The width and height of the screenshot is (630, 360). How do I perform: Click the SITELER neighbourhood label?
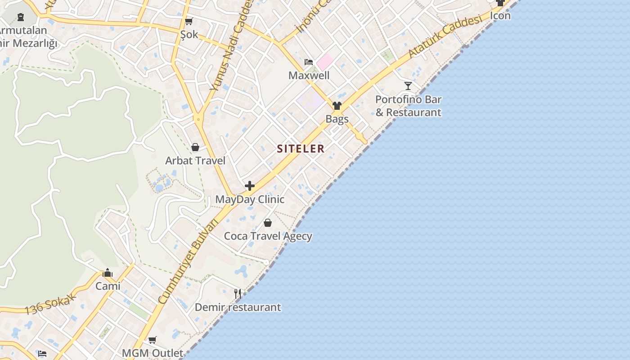(x=301, y=148)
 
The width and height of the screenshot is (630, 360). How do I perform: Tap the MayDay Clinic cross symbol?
(x=250, y=186)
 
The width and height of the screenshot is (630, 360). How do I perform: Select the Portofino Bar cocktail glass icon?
(x=408, y=85)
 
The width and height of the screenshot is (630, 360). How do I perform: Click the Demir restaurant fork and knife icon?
(x=238, y=294)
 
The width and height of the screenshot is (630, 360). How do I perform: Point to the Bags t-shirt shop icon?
(x=337, y=106)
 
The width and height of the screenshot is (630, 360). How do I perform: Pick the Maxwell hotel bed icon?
(x=309, y=62)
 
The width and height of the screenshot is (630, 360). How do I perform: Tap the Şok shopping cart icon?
(x=189, y=21)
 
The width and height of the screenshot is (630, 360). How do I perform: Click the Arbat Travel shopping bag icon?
(x=195, y=147)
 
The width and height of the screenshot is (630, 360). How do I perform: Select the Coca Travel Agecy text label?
(x=268, y=236)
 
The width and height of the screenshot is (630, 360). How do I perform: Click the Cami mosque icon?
(x=108, y=273)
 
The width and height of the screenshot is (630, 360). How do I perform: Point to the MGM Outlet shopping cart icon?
(x=153, y=340)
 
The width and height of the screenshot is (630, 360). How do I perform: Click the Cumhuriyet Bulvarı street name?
(x=189, y=261)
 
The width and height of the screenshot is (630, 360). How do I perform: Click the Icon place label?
(x=500, y=15)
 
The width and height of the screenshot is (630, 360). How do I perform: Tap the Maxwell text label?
(x=309, y=75)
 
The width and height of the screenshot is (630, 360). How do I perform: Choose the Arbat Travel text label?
(x=195, y=161)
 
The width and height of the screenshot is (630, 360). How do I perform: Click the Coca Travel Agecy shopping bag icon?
(x=268, y=223)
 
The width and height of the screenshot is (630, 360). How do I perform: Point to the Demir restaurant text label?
(x=238, y=307)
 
